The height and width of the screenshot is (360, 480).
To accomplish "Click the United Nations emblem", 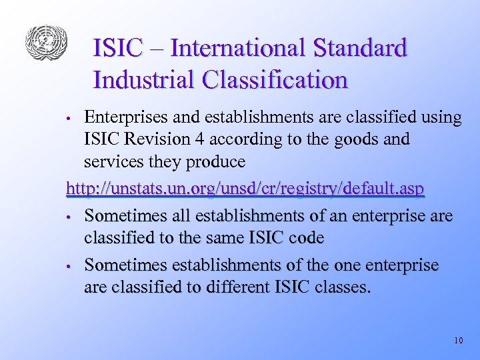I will pos(47,43).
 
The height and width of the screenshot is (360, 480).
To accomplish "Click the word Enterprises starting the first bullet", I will pos(123,118).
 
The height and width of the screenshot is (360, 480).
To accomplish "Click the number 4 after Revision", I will pos(191,140).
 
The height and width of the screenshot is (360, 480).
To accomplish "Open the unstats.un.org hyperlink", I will pos(245,189).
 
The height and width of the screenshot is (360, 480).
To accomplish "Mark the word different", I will pos(235,288).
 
